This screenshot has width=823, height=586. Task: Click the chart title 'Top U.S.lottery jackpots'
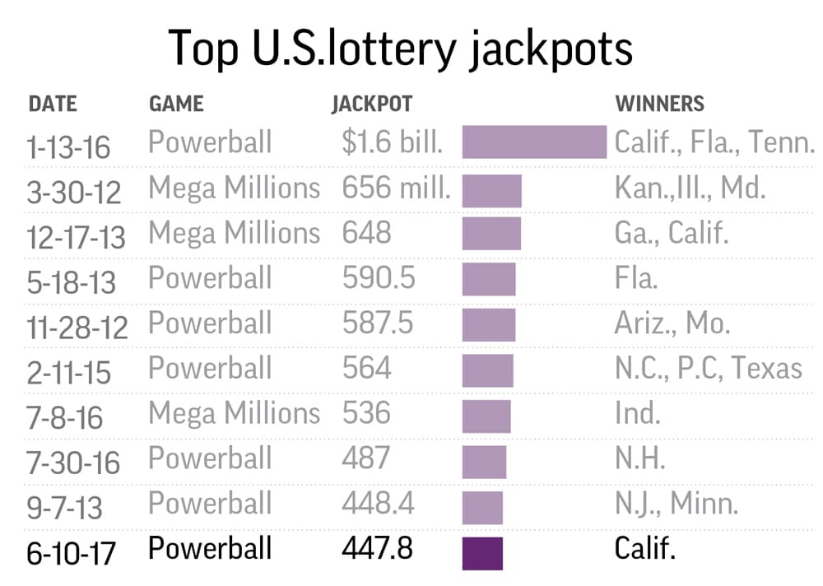[x=401, y=48]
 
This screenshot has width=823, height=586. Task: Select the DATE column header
[x=53, y=104]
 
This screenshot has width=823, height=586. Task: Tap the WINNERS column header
[x=660, y=104]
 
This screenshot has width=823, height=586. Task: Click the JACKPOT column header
[x=372, y=104]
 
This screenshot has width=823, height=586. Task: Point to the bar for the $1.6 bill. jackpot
[x=534, y=142]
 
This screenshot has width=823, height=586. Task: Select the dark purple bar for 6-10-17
[x=482, y=552]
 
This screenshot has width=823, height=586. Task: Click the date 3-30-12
[x=74, y=193]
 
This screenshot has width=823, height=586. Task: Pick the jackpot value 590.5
[x=379, y=278]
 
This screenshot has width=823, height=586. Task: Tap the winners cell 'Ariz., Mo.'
[x=672, y=323]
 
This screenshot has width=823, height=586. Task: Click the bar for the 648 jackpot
[x=491, y=234]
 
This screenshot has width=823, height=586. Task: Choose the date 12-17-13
[x=77, y=237]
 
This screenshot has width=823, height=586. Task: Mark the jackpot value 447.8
[x=378, y=548]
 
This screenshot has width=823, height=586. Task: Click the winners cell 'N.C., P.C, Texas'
[x=708, y=368]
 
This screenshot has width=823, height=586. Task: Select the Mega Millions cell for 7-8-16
[x=234, y=412]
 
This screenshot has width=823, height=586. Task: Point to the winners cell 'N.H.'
[x=639, y=458]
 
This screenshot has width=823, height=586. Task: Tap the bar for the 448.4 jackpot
[x=482, y=507]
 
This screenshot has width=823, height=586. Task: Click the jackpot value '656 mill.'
[x=397, y=188]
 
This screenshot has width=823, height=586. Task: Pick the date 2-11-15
[x=69, y=373]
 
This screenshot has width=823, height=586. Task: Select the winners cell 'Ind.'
[x=637, y=412]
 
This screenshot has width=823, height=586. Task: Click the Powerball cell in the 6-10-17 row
[x=210, y=548]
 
